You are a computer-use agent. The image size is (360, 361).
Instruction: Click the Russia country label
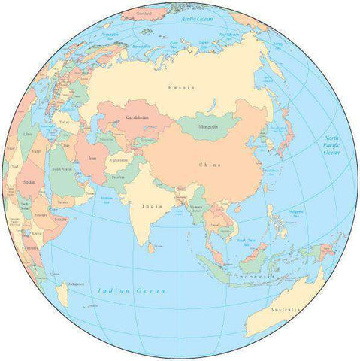pos(182,87)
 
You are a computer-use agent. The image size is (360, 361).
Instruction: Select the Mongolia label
pos(208,126)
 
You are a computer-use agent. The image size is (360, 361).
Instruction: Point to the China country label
pos(210,164)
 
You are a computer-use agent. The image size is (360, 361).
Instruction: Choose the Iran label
pos(92,159)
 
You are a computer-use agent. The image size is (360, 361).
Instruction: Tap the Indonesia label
pos(253,276)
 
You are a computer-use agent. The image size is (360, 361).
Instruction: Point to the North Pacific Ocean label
pos(331,145)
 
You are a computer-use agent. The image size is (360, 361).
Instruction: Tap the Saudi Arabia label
pos(62,169)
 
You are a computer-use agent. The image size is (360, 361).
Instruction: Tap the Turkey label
pos(64,122)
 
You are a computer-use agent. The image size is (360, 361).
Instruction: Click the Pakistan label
pos(118,177)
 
